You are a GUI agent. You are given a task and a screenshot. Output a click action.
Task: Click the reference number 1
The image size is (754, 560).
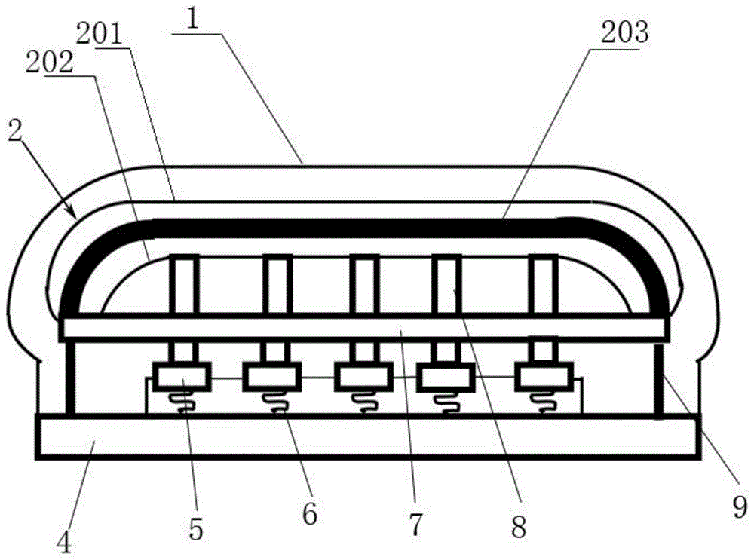point(193,20)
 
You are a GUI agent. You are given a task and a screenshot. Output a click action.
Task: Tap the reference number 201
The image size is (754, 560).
point(100,35)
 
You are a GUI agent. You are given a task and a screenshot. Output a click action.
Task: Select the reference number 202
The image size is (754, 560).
point(50,63)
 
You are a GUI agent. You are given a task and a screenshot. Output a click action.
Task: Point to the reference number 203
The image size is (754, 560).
point(625,32)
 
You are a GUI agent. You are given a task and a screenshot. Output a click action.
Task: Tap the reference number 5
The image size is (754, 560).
point(196,530)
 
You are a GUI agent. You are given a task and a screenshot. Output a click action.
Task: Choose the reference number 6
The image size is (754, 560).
point(310,514)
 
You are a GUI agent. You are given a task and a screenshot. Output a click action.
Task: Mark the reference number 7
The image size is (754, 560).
point(415,524)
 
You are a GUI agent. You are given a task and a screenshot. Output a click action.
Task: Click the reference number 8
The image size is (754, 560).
point(519,527)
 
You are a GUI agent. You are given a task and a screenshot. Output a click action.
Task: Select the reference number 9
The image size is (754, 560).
point(740,506)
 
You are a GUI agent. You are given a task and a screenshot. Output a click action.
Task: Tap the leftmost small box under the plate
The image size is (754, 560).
point(182,376)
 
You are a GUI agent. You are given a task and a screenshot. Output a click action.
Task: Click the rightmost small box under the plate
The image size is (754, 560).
point(544,376)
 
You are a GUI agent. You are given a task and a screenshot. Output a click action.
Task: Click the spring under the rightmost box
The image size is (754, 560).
point(544,402)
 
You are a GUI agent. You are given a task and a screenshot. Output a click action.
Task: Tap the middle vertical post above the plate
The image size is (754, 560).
point(364,284)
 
